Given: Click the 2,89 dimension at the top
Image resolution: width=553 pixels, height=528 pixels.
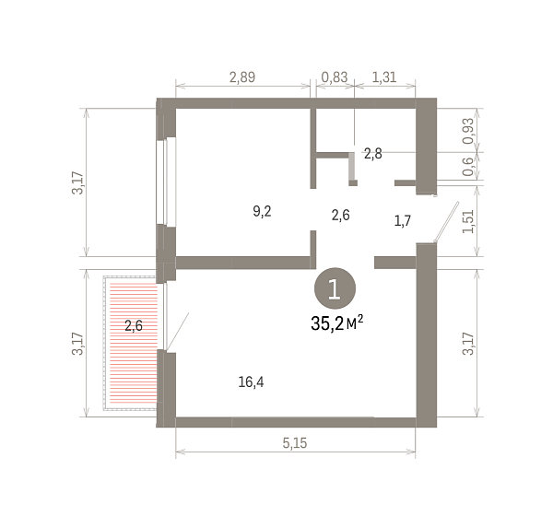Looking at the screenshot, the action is (x=242, y=77).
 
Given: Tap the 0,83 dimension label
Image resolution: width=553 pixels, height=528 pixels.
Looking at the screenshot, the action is (x=335, y=77).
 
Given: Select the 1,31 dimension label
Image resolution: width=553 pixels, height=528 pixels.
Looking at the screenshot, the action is (x=384, y=77).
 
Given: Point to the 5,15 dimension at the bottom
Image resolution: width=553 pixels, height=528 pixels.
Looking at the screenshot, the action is (x=295, y=443).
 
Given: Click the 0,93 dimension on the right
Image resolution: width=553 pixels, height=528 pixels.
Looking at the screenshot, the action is (x=468, y=131).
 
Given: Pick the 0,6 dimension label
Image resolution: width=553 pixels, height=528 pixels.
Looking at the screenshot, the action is (x=468, y=167).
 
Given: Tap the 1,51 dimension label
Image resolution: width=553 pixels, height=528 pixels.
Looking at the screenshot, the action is (x=468, y=221).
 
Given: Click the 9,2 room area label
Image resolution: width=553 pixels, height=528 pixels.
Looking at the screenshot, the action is (x=262, y=212).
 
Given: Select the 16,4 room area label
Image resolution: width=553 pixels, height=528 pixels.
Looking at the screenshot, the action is (x=251, y=382).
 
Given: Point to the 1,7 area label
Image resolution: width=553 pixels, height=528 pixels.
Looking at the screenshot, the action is (x=403, y=221).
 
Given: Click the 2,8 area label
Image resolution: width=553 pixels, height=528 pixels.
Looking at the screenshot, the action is (x=372, y=154).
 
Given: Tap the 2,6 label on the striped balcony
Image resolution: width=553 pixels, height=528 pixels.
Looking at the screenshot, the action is (x=134, y=325).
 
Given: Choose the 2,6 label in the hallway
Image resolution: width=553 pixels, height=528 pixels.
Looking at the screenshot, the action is (x=341, y=215).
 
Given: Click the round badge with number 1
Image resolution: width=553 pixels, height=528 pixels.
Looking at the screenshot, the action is (x=335, y=288).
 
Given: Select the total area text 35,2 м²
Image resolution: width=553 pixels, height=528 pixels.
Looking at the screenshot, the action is (x=336, y=323).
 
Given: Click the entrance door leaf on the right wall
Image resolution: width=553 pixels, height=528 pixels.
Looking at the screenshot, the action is (x=447, y=221).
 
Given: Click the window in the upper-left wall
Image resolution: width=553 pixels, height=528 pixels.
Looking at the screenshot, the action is (x=166, y=182).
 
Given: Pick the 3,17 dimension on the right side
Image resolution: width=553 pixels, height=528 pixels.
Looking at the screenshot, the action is (x=468, y=344).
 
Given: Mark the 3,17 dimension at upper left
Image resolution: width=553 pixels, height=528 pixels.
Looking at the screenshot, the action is (x=77, y=182).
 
